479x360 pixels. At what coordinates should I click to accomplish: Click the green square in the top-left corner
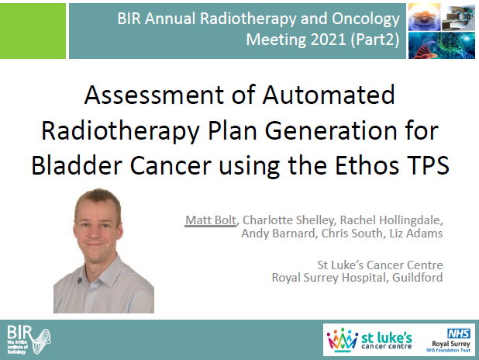(x=32, y=29)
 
